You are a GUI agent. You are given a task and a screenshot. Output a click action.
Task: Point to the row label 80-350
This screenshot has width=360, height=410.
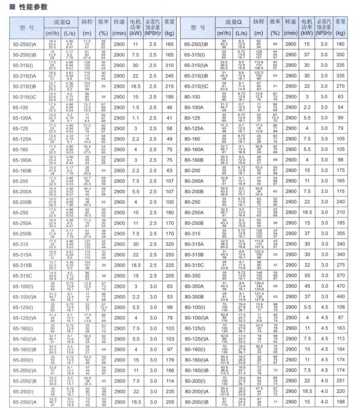click(193, 276)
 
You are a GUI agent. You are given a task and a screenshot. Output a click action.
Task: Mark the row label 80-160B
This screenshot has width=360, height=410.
click(194, 160)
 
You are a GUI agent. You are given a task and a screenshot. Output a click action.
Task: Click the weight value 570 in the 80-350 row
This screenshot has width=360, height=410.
click(341, 276)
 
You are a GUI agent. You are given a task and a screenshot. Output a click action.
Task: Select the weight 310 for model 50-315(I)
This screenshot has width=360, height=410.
click(169, 65)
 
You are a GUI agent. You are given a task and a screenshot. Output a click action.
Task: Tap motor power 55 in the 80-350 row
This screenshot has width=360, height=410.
click(307, 276)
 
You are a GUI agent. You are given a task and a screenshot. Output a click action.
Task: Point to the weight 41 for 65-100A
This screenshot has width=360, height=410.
click(169, 118)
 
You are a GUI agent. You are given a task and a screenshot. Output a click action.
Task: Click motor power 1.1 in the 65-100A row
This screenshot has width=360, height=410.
click(135, 118)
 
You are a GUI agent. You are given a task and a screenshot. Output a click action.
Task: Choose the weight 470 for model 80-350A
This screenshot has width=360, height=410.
click(341, 286)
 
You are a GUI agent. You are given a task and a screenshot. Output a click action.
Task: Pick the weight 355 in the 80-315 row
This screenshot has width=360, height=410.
click(341, 234)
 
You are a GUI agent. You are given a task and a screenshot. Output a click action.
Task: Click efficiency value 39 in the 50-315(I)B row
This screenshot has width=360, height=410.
click(103, 86)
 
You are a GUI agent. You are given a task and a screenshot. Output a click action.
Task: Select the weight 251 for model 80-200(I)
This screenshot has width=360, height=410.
click(341, 381)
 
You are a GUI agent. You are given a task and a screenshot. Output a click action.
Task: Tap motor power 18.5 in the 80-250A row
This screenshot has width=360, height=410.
click(307, 213)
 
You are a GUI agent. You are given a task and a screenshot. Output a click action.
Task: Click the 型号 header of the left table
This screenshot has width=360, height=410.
click(27, 28)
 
